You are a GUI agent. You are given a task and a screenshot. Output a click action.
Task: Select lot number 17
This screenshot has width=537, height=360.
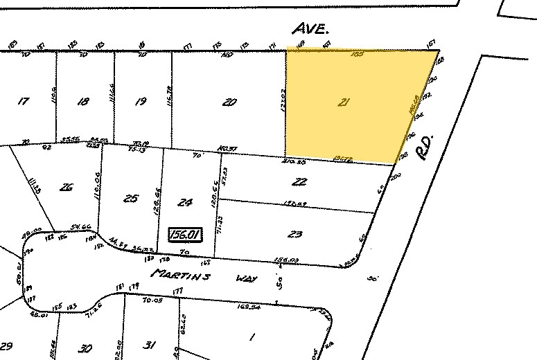[x=24, y=102]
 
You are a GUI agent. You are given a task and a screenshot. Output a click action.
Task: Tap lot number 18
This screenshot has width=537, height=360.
[x=83, y=102]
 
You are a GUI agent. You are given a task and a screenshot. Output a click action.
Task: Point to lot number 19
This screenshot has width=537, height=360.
[x=141, y=102]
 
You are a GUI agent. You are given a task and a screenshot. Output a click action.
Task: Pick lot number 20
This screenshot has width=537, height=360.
[x=229, y=102]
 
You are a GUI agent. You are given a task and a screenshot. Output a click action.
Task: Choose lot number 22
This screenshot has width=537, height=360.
[x=299, y=182]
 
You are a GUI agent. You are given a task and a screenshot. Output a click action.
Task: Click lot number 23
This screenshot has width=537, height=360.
[x=294, y=234]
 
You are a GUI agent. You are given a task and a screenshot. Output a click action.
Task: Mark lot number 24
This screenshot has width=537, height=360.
[x=184, y=203]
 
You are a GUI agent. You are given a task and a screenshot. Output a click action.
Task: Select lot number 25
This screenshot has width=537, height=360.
[x=130, y=199]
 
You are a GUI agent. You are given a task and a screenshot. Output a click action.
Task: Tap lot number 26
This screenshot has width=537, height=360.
[x=66, y=186]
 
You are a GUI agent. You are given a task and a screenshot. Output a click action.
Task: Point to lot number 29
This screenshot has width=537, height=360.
[x=7, y=345]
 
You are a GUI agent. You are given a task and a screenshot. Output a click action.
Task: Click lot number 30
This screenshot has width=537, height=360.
[x=86, y=348]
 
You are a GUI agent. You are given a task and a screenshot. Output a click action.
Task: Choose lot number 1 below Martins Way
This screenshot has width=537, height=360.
[x=251, y=336]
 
